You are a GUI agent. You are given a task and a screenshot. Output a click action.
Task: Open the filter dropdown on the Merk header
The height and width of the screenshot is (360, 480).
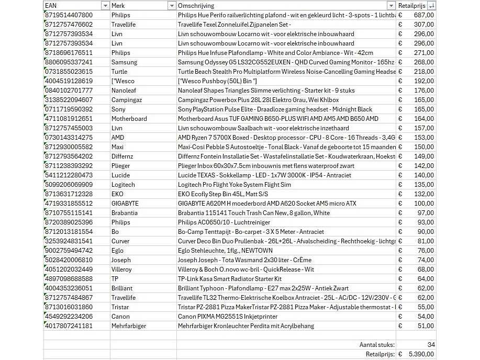coord(172,5)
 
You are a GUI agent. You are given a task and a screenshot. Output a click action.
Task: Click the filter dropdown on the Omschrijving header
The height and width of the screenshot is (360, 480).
coord(391,5)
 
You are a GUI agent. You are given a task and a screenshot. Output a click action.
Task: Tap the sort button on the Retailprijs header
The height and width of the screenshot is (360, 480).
coord(431,5)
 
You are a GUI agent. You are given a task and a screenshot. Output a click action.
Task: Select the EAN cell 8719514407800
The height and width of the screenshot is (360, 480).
coord(69,15)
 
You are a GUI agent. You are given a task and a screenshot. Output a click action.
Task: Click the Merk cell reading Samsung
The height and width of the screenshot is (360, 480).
coord(124,62)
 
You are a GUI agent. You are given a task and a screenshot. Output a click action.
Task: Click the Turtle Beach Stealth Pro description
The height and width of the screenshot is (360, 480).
coord(286,72)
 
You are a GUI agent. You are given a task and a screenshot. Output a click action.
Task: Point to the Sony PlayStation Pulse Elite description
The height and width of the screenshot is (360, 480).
coord(275,109)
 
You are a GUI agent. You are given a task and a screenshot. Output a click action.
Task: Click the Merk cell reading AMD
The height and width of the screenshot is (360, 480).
coord(118,138)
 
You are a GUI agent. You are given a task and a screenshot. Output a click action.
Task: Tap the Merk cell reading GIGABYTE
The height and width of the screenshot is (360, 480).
coord(125,204)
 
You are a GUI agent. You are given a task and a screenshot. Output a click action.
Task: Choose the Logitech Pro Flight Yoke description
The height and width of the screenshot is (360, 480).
coord(234,185)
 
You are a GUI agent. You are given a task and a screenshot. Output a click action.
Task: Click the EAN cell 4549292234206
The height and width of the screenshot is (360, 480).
coord(69,317)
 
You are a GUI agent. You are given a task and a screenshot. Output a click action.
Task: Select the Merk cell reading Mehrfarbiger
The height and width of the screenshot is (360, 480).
coord(129,326)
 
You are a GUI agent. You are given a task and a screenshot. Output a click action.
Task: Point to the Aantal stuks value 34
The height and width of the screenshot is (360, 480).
coord(431,345)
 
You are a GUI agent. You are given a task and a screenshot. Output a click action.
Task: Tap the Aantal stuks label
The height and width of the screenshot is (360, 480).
coord(377,345)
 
